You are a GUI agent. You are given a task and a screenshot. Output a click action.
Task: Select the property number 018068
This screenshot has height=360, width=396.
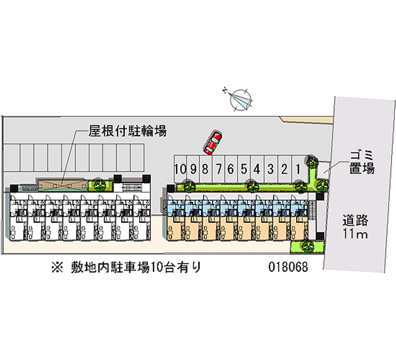point(288,267)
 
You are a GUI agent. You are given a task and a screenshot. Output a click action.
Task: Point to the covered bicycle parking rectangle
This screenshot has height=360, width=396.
point(62,184)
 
